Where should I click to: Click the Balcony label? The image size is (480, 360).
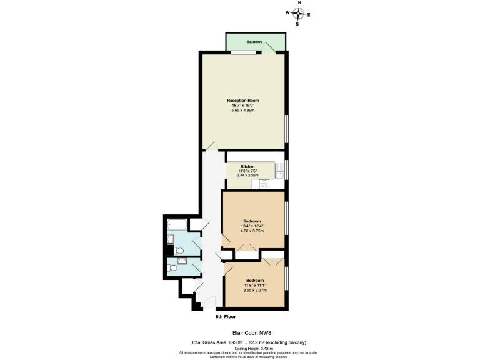[x=254, y=42]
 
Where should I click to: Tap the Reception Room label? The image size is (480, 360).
[x=243, y=100]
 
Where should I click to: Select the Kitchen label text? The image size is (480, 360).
[x=248, y=166]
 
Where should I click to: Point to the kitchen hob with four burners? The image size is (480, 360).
[x=264, y=184]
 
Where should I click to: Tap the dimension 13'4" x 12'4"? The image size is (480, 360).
[x=252, y=226]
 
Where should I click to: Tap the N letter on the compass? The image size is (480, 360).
[x=299, y=3]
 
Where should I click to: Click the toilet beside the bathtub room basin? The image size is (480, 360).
[x=179, y=251]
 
